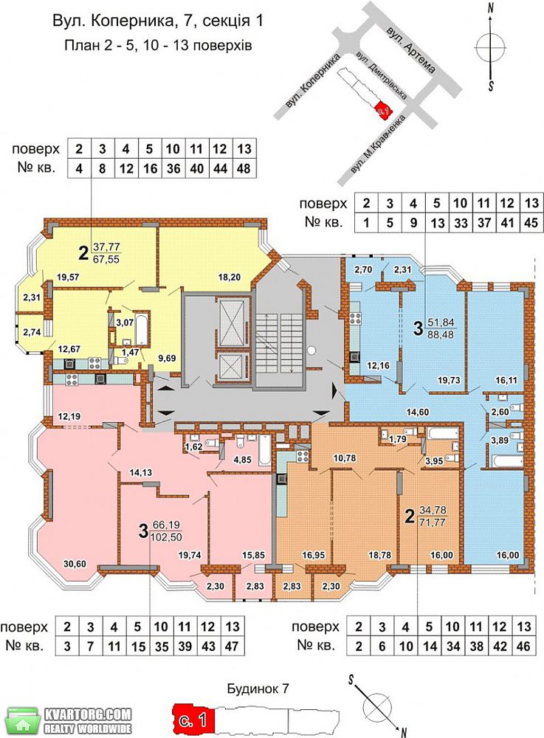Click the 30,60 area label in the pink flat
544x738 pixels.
[75, 563]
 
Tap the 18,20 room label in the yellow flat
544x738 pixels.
[229, 277]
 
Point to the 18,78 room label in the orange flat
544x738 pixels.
[379, 556]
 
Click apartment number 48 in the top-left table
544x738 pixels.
[244, 168]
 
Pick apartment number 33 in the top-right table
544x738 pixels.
[461, 222]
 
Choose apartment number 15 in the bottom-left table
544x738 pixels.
[137, 646]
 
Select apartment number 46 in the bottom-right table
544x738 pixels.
[523, 646]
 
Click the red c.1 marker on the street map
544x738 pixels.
[383, 110]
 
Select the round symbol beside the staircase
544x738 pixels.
[311, 350]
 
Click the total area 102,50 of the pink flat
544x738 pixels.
[165, 537]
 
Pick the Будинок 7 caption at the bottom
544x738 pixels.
[258, 689]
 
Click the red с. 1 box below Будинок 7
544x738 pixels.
[193, 720]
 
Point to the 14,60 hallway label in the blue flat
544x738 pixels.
[418, 412]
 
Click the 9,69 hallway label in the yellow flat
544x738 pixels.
[167, 358]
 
